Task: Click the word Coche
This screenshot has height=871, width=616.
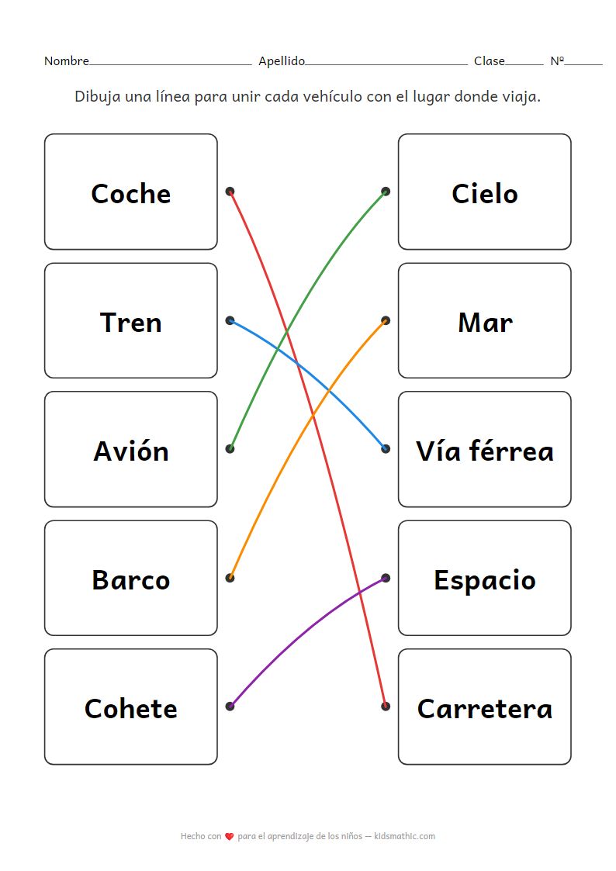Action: tap(130, 193)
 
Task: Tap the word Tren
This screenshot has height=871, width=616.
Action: tap(130, 322)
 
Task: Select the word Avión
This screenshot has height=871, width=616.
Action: tap(130, 451)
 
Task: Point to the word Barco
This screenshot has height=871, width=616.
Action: tap(130, 579)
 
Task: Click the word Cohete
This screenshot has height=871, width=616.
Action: tap(130, 708)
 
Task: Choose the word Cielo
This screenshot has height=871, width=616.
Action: tap(484, 193)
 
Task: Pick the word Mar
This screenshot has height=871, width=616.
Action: tap(484, 322)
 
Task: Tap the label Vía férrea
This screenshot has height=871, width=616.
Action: tap(484, 451)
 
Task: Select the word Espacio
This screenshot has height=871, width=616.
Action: tap(484, 579)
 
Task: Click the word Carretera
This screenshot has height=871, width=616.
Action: tap(484, 708)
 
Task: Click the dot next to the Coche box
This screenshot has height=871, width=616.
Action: tap(230, 192)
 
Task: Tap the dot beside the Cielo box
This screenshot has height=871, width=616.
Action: tap(386, 192)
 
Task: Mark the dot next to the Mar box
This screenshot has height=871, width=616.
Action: tap(386, 320)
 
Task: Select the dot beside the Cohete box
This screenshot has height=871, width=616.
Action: tap(230, 707)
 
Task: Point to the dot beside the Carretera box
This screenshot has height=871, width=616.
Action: tap(386, 707)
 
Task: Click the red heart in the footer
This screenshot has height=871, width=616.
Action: tap(230, 837)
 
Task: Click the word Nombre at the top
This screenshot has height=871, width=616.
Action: tap(66, 61)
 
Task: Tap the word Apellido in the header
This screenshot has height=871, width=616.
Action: tap(282, 61)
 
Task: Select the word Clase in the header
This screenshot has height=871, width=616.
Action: tap(489, 61)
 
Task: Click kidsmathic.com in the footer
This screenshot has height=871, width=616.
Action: tap(404, 837)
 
